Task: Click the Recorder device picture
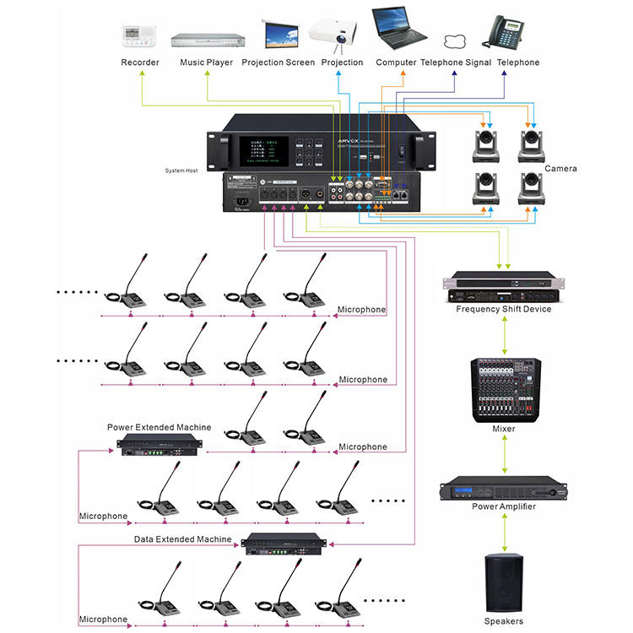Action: pyautogui.click(x=140, y=36)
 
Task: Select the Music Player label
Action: pyautogui.click(x=207, y=62)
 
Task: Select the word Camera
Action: pyautogui.click(x=560, y=169)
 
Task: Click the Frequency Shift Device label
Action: pyautogui.click(x=503, y=309)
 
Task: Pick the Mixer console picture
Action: pyautogui.click(x=504, y=388)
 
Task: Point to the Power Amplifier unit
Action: pyautogui.click(x=503, y=490)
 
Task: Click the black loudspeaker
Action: pyautogui.click(x=505, y=582)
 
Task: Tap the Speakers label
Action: pyautogui.click(x=505, y=622)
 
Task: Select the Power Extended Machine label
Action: pyautogui.click(x=159, y=428)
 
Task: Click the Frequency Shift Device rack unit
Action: pyautogui.click(x=504, y=287)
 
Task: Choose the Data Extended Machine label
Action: pyautogui.click(x=182, y=538)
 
